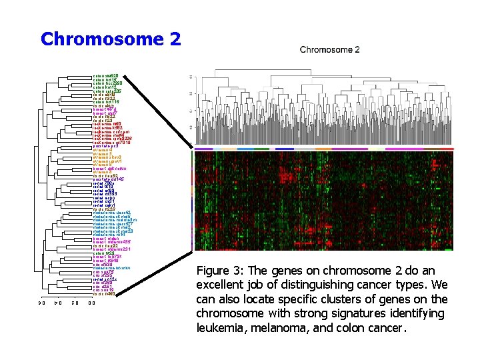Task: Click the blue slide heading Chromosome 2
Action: [110, 39]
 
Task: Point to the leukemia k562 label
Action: [108, 129]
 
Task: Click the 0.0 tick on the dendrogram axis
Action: [91, 303]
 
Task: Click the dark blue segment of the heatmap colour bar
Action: [285, 149]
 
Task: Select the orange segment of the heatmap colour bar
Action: [323, 149]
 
